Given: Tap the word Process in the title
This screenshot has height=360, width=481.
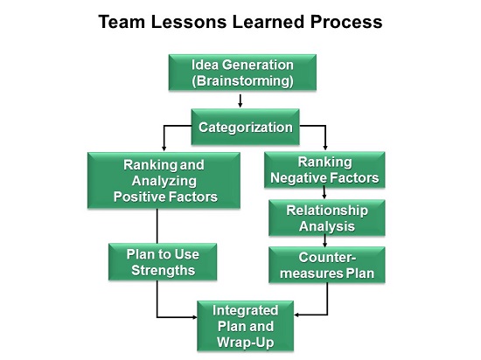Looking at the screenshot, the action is click(x=346, y=22).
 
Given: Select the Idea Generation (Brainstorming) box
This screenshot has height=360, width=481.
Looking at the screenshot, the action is click(x=242, y=73).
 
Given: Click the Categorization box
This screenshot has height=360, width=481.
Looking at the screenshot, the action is click(x=246, y=127).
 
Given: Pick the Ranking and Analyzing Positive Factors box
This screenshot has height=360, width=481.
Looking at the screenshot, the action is click(x=164, y=181).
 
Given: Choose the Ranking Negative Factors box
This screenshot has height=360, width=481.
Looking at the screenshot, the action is click(x=324, y=170).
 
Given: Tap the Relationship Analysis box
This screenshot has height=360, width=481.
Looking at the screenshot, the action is click(x=327, y=218).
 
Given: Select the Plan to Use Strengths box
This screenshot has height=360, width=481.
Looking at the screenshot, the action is click(x=163, y=262).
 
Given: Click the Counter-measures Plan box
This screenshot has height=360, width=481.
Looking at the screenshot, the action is click(x=327, y=265).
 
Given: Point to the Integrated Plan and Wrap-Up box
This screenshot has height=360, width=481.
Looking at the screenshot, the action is click(x=246, y=326).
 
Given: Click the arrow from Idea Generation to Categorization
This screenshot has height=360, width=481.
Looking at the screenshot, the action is click(x=240, y=100).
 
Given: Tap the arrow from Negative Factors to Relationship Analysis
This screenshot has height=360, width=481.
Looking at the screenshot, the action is click(x=324, y=193).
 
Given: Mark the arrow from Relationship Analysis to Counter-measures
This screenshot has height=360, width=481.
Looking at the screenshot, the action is click(x=324, y=241).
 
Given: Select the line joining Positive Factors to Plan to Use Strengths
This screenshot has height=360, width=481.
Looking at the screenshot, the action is click(x=157, y=226).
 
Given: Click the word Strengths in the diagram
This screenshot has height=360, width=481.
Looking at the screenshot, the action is click(x=164, y=271).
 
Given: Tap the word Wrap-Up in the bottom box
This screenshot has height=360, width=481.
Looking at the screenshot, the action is click(x=246, y=343).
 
